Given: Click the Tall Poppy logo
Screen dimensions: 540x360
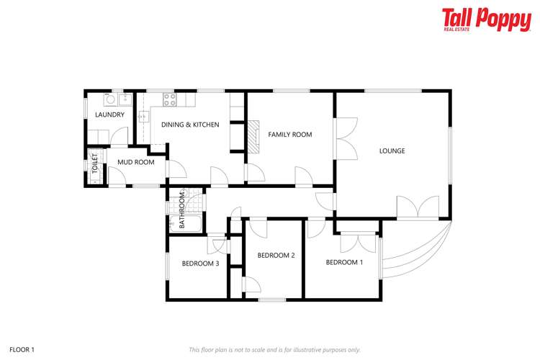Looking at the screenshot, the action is [486, 19].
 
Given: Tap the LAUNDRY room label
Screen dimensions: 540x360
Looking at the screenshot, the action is [109, 114].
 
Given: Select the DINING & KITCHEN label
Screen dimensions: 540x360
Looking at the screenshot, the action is [190, 125].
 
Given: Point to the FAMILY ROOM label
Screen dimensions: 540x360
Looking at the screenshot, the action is [290, 135].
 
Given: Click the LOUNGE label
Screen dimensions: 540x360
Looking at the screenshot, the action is [392, 151].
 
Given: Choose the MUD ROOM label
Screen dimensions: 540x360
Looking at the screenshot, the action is [136, 162].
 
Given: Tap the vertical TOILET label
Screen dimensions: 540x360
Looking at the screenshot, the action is [95, 163].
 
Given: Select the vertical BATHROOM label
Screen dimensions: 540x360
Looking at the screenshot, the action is [182, 210].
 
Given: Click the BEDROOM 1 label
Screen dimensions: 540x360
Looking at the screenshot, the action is [344, 263].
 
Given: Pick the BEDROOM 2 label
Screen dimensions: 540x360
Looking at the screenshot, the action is [276, 256].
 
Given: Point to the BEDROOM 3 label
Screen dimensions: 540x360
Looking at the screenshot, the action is [200, 264].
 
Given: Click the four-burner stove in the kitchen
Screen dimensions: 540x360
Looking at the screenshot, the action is [169, 99].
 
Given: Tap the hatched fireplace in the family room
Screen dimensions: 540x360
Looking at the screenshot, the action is [253, 136].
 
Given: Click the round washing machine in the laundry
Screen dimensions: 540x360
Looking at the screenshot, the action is [111, 99].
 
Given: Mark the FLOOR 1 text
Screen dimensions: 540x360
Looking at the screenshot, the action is [22, 350].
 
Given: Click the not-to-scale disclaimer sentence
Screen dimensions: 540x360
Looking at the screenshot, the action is [274, 350].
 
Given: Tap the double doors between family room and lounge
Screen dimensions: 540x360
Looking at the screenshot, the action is [346, 138].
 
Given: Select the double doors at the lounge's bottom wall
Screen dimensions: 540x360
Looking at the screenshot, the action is [418, 207].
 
